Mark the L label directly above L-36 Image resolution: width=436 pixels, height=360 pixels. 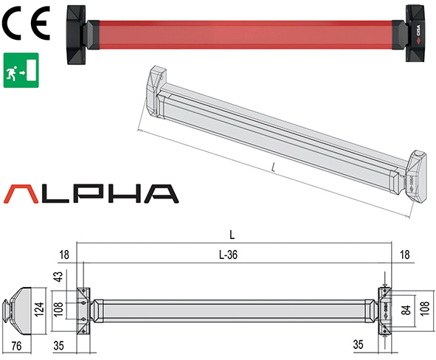click(x=232, y=235)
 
